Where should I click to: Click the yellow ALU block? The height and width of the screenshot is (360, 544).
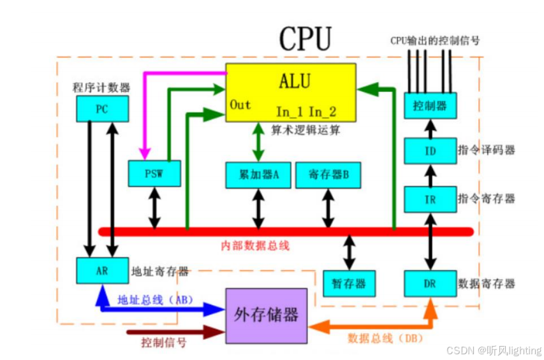click(291, 92)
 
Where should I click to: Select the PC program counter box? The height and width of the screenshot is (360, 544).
click(101, 109)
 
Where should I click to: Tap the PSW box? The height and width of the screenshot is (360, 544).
click(154, 174)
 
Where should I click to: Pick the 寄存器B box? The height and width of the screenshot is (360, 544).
click(328, 175)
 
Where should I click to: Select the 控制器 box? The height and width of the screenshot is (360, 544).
click(430, 105)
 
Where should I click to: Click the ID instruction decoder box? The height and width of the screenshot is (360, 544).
click(430, 151)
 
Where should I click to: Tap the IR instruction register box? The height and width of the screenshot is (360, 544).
click(430, 199)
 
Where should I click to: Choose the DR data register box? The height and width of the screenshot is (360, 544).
click(430, 284)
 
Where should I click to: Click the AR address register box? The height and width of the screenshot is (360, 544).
click(101, 270)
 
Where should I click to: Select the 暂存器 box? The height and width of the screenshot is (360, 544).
click(349, 284)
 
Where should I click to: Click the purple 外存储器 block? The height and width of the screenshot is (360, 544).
click(266, 315)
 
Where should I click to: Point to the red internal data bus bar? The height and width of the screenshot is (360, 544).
click(287, 231)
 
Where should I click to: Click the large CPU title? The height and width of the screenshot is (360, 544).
click(305, 38)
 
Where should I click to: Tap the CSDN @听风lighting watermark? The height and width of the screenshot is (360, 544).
click(494, 350)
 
